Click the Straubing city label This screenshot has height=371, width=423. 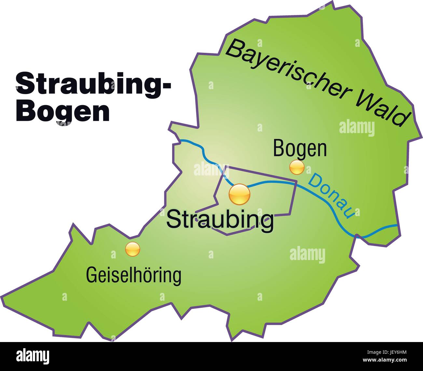(220, 219)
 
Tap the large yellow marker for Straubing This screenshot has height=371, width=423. (239, 194)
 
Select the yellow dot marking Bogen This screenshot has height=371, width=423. (297, 167)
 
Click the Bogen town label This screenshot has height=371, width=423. (300, 148)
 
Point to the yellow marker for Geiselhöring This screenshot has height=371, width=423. (133, 249)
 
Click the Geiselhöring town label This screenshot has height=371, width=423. (133, 275)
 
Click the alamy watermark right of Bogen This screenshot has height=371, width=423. (357, 128)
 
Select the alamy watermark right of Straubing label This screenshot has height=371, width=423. (307, 254)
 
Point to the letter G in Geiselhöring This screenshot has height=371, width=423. (90, 275)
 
